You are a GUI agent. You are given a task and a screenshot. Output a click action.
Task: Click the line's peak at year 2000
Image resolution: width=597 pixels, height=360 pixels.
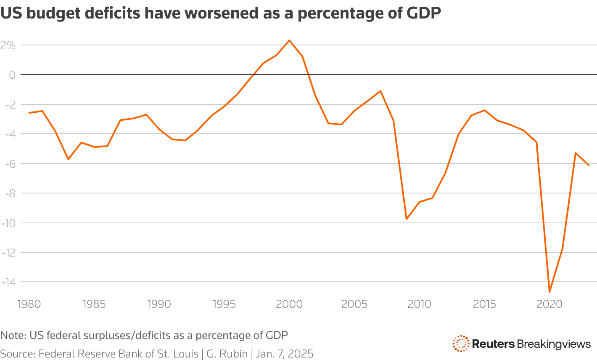[x=289, y=40]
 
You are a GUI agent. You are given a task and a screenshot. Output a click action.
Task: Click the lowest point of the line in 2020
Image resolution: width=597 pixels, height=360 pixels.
[x=549, y=291]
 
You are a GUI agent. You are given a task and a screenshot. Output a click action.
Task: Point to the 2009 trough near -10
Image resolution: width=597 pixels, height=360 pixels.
[x=406, y=219]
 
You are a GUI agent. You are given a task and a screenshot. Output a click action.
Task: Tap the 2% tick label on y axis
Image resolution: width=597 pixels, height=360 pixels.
[x=8, y=45]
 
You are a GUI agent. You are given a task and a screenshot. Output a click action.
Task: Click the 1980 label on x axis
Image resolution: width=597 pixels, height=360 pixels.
[x=29, y=304]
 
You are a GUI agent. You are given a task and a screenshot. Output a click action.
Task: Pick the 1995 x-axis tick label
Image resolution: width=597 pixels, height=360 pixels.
[x=224, y=304]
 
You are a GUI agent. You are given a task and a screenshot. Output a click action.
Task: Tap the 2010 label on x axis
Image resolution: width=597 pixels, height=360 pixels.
[x=419, y=304]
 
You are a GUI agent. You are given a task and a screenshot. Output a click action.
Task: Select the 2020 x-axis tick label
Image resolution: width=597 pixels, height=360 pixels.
[x=549, y=304]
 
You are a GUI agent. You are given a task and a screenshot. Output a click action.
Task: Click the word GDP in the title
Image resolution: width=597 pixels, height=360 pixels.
[x=424, y=13]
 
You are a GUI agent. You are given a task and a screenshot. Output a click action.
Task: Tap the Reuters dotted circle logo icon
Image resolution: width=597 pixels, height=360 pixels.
[x=461, y=344]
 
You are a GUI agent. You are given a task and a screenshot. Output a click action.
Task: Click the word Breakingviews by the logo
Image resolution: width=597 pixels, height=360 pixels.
[x=554, y=344]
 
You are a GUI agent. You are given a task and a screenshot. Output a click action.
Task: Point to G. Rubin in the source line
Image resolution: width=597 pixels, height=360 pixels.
[x=227, y=353]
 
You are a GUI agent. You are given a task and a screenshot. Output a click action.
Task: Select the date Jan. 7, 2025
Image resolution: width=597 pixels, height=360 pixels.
[x=285, y=353]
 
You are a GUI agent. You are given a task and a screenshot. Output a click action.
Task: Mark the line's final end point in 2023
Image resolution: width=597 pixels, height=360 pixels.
[x=589, y=165]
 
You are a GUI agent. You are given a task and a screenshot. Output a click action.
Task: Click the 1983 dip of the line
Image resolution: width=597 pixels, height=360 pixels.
[x=68, y=159]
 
